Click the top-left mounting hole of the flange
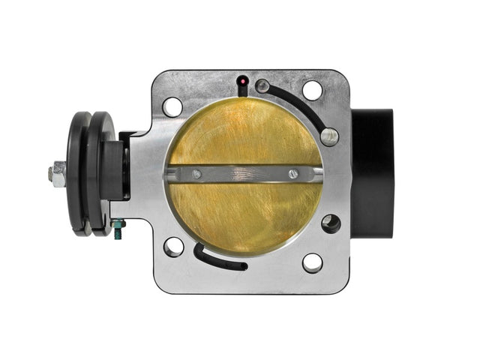point(172,106)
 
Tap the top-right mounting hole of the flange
point(313,91)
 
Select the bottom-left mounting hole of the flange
point(174,246)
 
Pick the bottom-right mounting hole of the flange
point(312,262)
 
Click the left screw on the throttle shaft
point(196,174)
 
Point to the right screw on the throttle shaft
point(293,174)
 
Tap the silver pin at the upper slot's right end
point(328,136)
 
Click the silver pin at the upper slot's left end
point(262,86)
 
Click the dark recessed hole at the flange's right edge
point(331,223)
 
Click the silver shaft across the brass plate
point(244,174)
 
